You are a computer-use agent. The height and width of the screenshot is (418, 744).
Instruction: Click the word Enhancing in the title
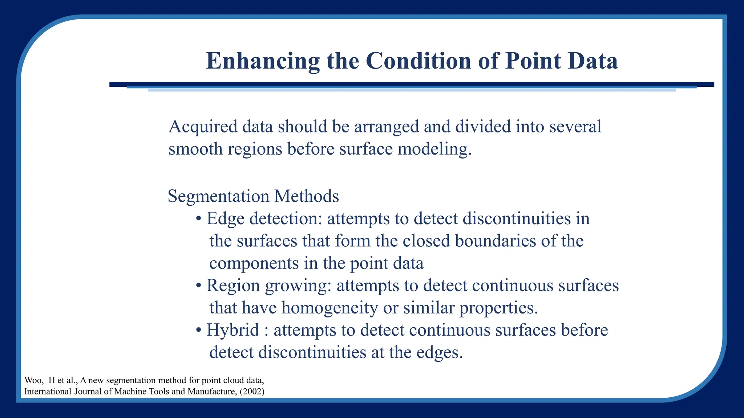[263, 61]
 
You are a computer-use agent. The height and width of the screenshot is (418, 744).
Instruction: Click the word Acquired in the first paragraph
[202, 127]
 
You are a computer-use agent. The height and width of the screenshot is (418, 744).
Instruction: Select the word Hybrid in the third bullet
[232, 330]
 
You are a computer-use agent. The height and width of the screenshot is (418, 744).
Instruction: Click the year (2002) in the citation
[252, 392]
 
